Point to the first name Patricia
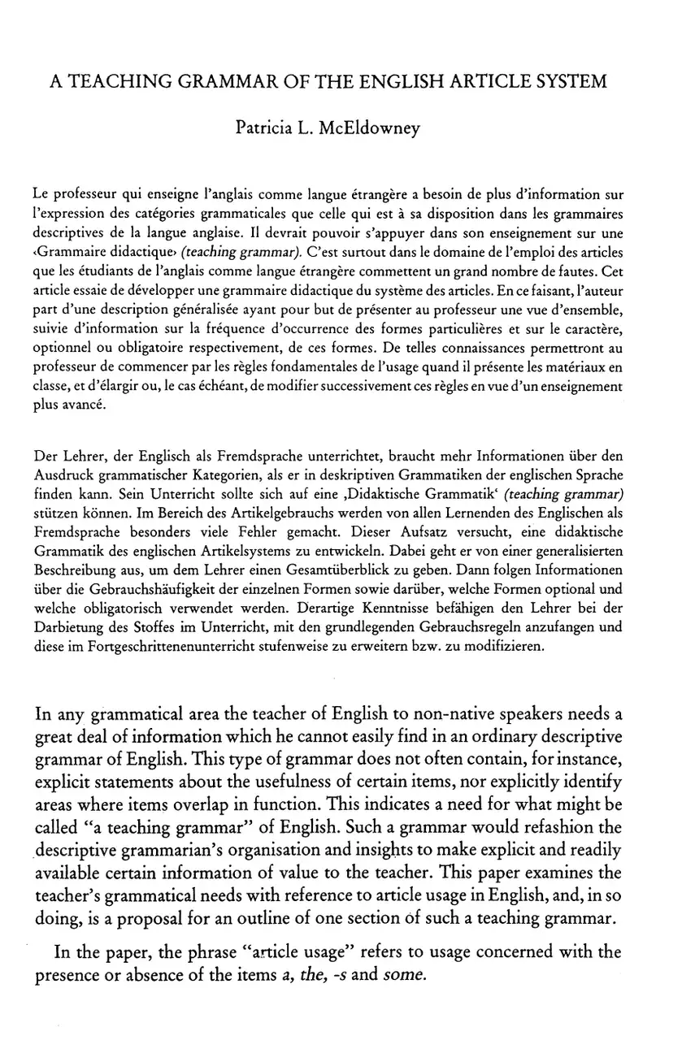[x=263, y=128]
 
